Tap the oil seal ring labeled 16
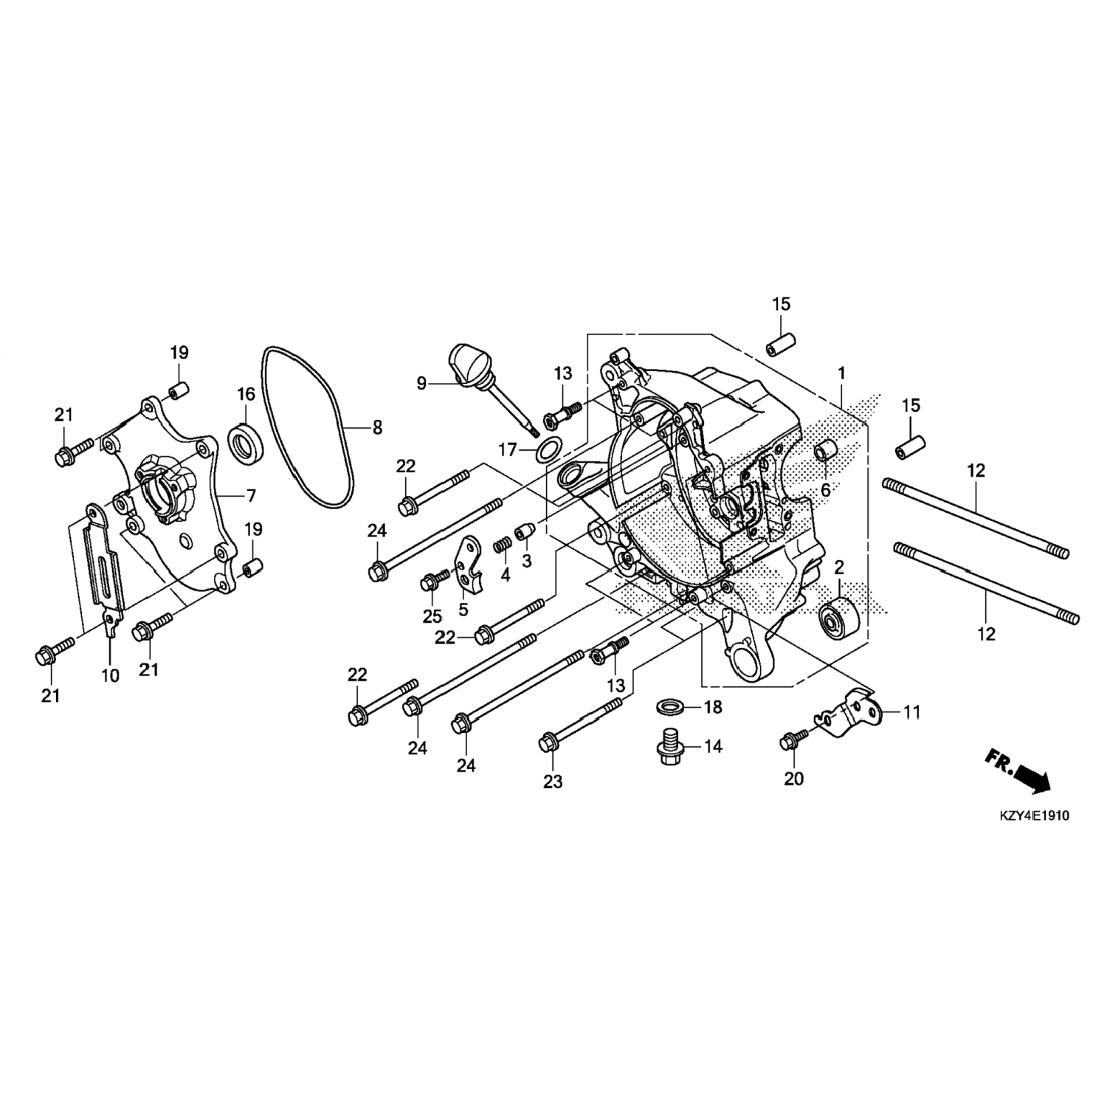pyautogui.click(x=246, y=444)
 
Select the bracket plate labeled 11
pyautogui.click(x=849, y=714)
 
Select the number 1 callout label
pyautogui.click(x=841, y=373)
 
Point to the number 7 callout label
pyautogui.click(x=252, y=494)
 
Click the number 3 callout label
pyautogui.click(x=526, y=562)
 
